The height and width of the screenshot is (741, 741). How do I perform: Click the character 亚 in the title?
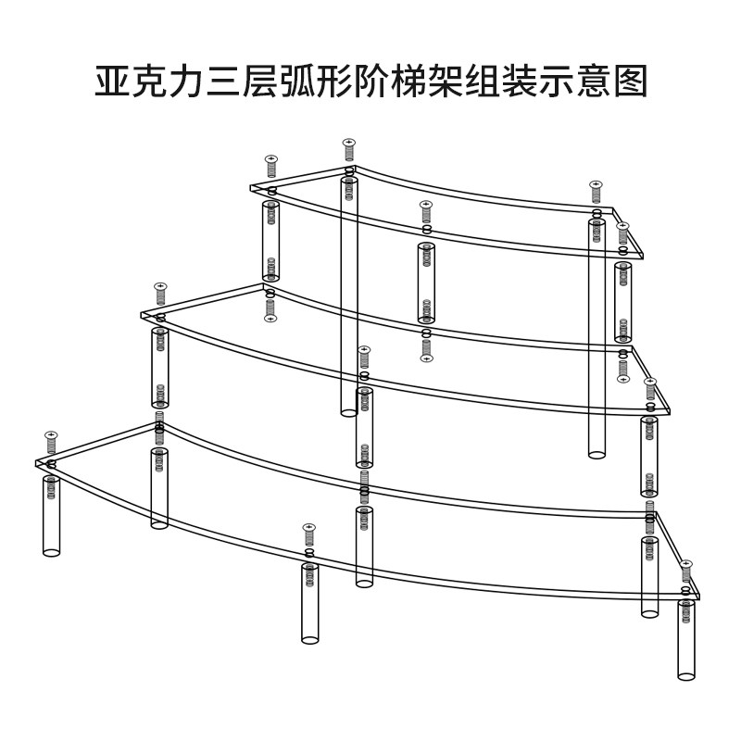coord(115,82)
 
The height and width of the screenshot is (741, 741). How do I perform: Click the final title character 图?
coord(626,82)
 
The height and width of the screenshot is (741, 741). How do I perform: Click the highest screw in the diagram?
coord(349,148)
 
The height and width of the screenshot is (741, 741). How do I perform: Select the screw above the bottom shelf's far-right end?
coord(686,571)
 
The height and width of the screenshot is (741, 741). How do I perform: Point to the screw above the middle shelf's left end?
coord(160,293)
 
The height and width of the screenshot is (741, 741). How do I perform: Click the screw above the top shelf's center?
coord(426,211)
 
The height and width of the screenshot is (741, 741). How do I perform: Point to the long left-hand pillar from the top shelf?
coord(349,296)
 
